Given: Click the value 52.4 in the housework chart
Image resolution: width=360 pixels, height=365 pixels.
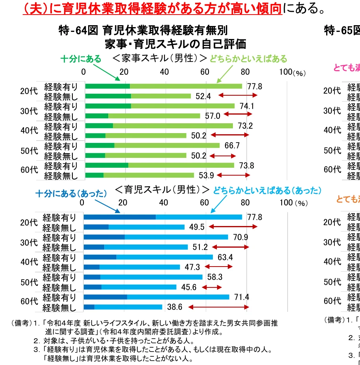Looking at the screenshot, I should point(204,96).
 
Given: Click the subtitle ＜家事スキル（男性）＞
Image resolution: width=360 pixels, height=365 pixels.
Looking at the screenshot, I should point(160,58).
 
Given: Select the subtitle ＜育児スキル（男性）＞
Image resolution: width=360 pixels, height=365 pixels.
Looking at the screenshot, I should point(162,190).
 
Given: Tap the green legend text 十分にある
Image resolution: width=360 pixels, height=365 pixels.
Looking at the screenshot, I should point(81,59).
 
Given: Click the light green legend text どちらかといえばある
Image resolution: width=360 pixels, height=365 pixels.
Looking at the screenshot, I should point(248,59).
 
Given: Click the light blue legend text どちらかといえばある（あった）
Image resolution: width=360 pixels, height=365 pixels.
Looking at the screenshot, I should point(267,191).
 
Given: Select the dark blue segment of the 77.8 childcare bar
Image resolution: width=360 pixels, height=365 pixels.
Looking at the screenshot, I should point(120,217).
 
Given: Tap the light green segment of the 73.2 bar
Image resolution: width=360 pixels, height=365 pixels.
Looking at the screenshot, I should point(173,126).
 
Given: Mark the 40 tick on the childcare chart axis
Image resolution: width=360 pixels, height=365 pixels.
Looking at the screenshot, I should point(164,203).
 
